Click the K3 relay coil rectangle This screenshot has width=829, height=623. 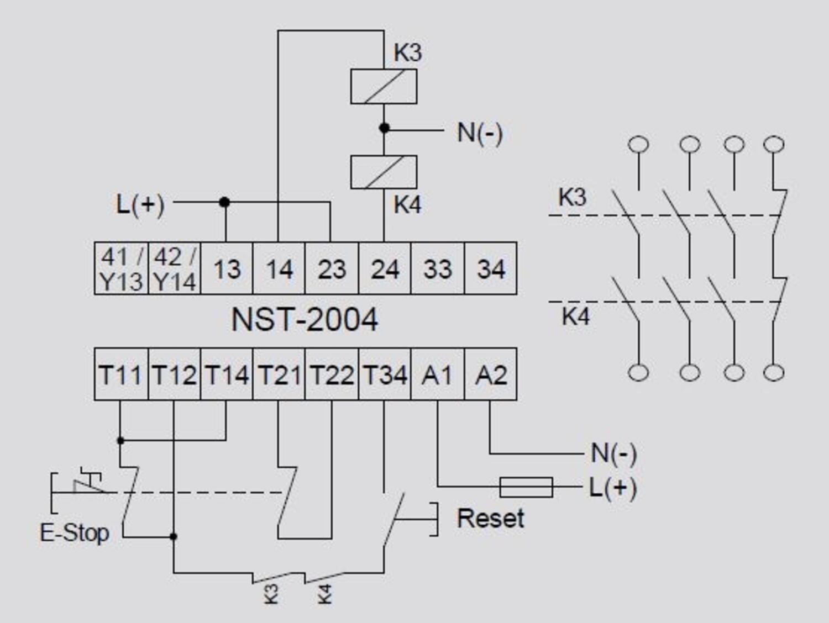coord(384,87)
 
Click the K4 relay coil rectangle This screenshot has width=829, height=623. coord(384,172)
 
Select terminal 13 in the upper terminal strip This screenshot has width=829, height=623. coord(227,268)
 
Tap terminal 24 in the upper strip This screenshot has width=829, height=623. coord(385,268)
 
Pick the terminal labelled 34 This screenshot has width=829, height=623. coord(491,268)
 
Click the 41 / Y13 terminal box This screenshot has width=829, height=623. coord(121,268)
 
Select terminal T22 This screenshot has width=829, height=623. coord(332,374)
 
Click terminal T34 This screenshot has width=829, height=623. coord(385,374)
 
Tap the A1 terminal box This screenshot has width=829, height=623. coord(437,374)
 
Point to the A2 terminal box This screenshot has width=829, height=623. coord(491,374)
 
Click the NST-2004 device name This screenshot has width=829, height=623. coord(305,320)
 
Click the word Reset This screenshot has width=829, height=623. coord(490,519)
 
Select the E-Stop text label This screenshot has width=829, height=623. coord(75,533)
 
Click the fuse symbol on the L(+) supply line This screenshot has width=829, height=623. coord(526,487)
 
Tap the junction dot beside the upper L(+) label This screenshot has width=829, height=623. coord(224,202)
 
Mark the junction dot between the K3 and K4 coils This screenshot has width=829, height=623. coord(384,129)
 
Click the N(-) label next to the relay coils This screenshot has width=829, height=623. coord(480,133)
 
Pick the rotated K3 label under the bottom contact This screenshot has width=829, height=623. coord(271,594)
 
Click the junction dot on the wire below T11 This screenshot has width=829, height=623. coord(121,440)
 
